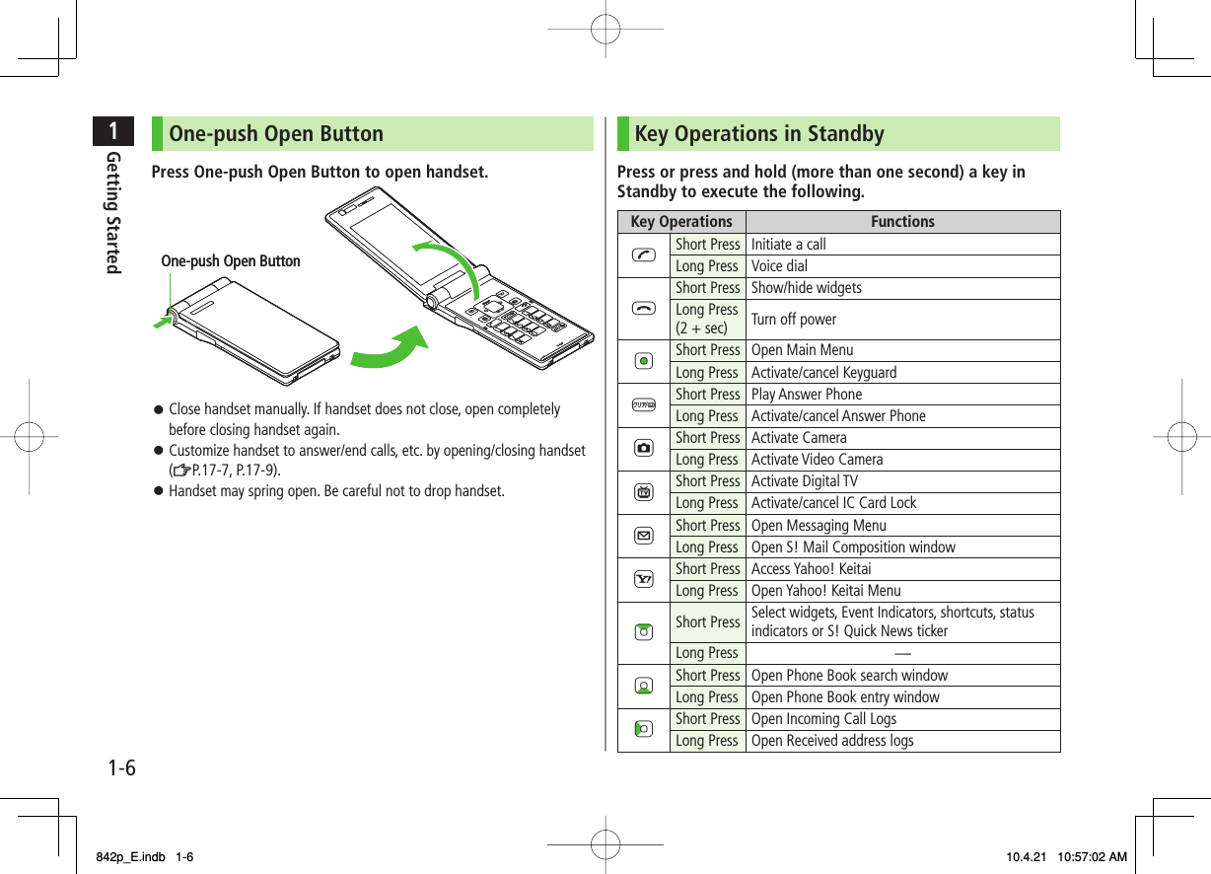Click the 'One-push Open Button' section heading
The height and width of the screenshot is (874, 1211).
[x=276, y=134]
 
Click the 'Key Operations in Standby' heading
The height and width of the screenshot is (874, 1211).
[x=759, y=134]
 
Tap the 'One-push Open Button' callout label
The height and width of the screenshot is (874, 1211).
[x=231, y=261]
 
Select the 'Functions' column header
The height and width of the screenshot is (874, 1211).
[x=901, y=222]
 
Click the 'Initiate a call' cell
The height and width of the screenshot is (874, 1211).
[x=789, y=244]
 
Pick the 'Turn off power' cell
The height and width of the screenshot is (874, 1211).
[x=794, y=319]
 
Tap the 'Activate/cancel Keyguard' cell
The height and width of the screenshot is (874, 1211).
[x=823, y=372]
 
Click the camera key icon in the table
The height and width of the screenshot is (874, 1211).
[x=643, y=448]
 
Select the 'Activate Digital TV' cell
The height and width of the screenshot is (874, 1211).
[x=804, y=481]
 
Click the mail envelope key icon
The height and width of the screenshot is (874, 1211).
[x=643, y=536]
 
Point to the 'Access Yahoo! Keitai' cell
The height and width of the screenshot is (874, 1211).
[x=811, y=568]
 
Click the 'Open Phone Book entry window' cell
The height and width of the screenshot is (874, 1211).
[x=844, y=696]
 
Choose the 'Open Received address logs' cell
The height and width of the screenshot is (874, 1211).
[x=832, y=741]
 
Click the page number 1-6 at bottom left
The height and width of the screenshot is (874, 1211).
[x=122, y=766]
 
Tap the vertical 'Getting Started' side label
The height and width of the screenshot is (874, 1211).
[x=113, y=212]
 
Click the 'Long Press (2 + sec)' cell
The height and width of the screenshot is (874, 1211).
[x=707, y=319]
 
